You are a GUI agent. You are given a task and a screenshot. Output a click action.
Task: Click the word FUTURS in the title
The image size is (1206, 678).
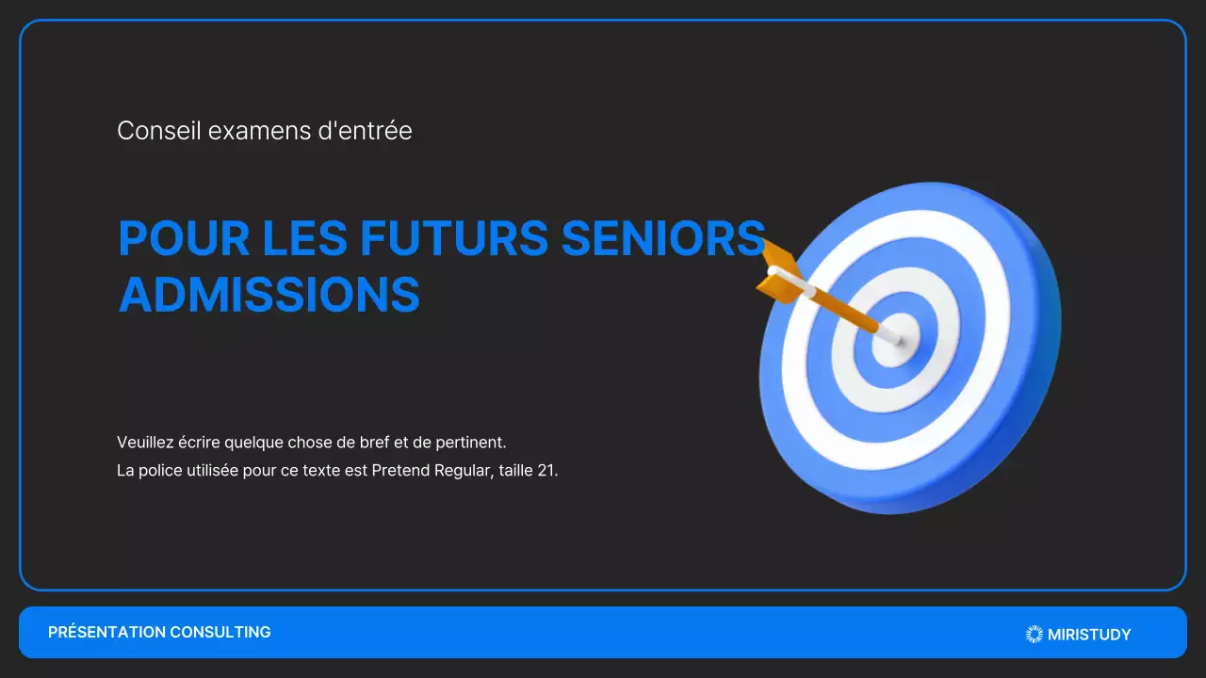(x=453, y=239)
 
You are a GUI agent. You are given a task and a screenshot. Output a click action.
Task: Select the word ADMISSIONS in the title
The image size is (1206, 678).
(x=269, y=296)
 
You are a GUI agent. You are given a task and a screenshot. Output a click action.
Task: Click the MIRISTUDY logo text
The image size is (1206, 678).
(x=1089, y=635)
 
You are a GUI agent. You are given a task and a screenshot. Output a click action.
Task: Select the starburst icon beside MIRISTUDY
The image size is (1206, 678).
(x=1035, y=635)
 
